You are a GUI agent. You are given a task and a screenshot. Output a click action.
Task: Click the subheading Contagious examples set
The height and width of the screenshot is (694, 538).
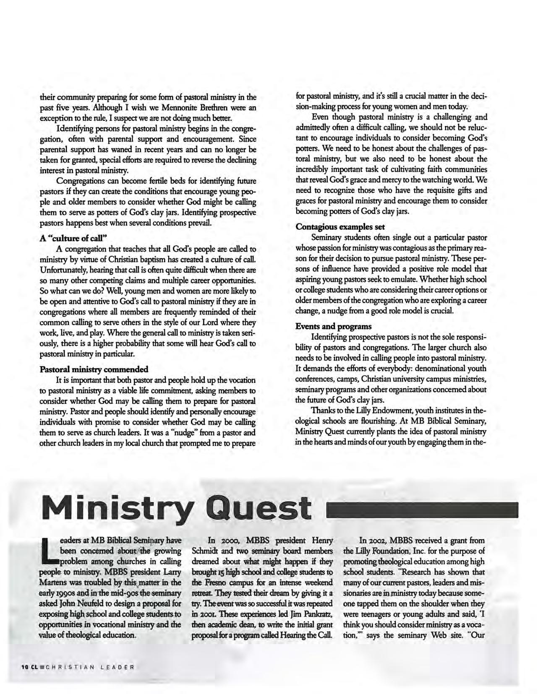[340, 227]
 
